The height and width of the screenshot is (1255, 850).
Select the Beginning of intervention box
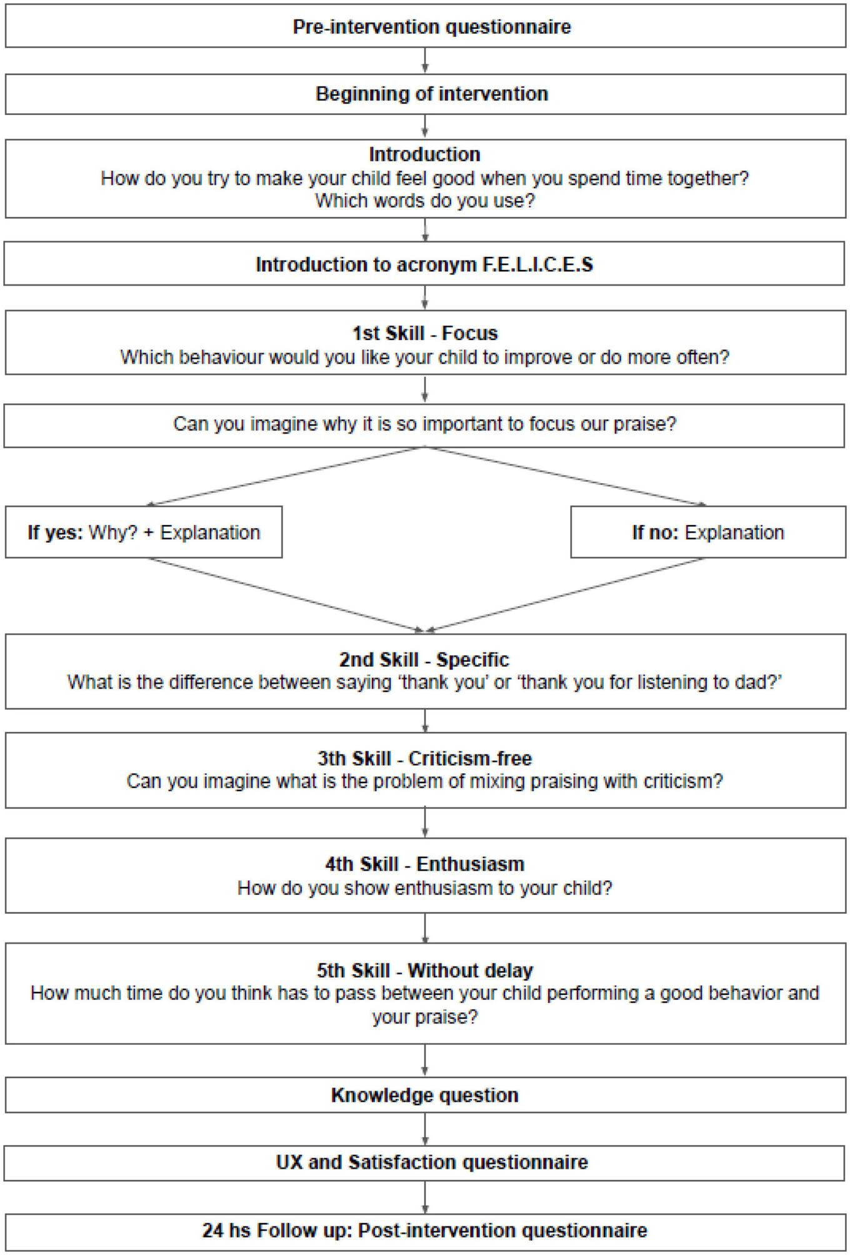[425, 94]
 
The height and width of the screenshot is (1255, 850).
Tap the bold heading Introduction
[425, 154]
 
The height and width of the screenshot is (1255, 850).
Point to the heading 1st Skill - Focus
[425, 333]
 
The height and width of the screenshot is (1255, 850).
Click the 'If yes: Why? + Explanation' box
[144, 532]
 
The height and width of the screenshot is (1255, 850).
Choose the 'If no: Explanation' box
[707, 532]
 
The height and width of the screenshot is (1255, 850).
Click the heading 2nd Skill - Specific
[425, 660]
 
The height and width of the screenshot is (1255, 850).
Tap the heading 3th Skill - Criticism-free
[425, 759]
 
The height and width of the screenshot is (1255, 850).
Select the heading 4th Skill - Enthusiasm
[425, 864]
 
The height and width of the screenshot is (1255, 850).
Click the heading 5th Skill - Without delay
[425, 971]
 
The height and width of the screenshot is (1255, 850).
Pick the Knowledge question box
[425, 1096]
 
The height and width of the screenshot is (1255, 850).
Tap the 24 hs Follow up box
[425, 1231]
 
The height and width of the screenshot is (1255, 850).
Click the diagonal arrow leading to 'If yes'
[287, 476]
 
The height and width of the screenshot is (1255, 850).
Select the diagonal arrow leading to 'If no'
[566, 476]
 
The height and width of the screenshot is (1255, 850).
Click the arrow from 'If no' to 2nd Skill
[566, 594]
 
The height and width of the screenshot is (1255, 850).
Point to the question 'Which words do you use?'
[425, 201]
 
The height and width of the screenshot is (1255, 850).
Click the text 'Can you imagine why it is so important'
[350, 424]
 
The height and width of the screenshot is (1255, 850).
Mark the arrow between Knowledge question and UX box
[425, 1129]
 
